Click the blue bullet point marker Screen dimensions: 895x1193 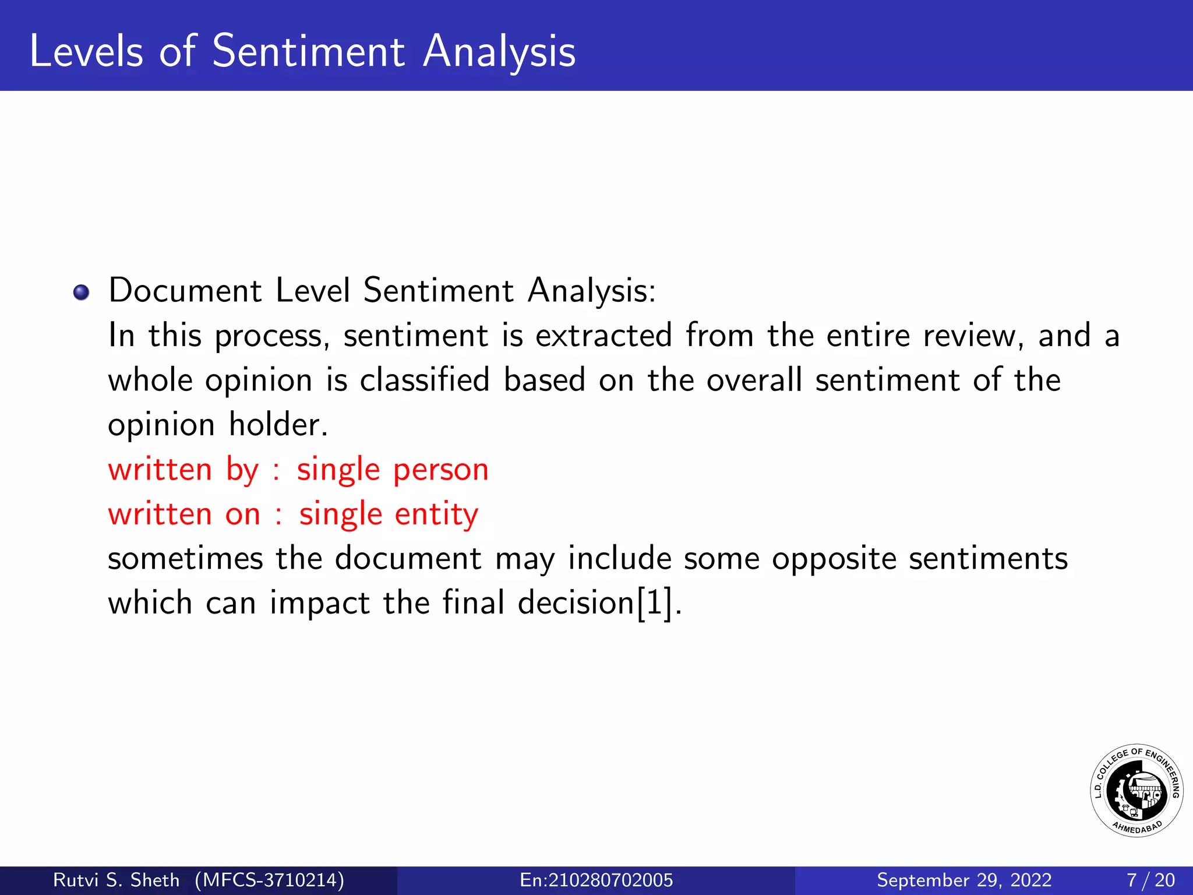click(x=82, y=292)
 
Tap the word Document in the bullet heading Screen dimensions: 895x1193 click(x=185, y=290)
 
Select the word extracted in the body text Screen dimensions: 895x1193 click(x=603, y=336)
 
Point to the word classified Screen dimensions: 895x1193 click(x=425, y=380)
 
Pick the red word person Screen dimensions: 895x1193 click(x=440, y=470)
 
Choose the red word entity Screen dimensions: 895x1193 click(x=436, y=515)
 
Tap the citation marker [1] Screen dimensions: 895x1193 click(x=655, y=602)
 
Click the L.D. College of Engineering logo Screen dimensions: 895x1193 click(x=1136, y=791)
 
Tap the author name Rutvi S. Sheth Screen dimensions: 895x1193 click(x=116, y=880)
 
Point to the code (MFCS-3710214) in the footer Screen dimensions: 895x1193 click(x=269, y=880)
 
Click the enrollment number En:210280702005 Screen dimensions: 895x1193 click(x=596, y=880)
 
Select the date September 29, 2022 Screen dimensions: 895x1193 click(x=964, y=880)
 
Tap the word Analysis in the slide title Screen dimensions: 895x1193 click(x=499, y=52)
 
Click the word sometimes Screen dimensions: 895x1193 click(x=185, y=558)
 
